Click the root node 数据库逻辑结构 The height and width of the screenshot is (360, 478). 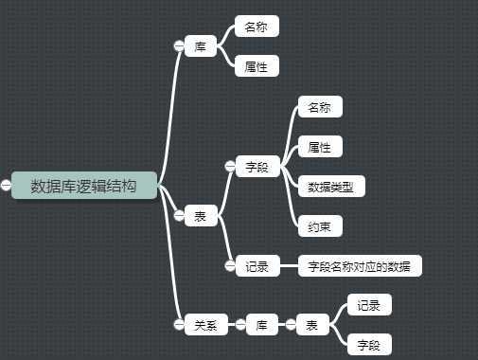pos(83,186)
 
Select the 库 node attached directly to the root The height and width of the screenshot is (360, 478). pos(201,45)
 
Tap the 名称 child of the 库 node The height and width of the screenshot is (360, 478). pos(257,27)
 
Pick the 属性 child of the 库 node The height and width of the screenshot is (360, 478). pos(257,66)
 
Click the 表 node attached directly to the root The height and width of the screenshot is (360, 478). pos(201,216)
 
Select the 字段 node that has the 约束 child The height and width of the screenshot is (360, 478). pos(257,167)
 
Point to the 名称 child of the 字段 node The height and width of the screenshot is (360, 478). pos(320,107)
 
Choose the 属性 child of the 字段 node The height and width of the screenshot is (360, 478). pos(320,147)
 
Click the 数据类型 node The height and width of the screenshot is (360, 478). pos(330,187)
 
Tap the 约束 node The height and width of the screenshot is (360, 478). pos(320,226)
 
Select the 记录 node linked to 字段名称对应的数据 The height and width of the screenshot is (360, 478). pos(257,266)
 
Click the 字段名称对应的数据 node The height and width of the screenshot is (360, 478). pos(360,266)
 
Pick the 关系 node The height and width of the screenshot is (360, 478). pos(205,325)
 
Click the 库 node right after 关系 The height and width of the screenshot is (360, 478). pos(262,325)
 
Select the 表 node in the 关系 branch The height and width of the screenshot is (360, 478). pos(312,325)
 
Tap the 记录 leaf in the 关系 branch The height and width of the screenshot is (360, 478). pos(369,305)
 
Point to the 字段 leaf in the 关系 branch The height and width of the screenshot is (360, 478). pos(369,345)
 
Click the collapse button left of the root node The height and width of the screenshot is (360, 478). pos(6,186)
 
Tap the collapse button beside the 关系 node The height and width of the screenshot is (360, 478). pos(178,325)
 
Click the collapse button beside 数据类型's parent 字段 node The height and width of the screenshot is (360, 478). pos(229,167)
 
